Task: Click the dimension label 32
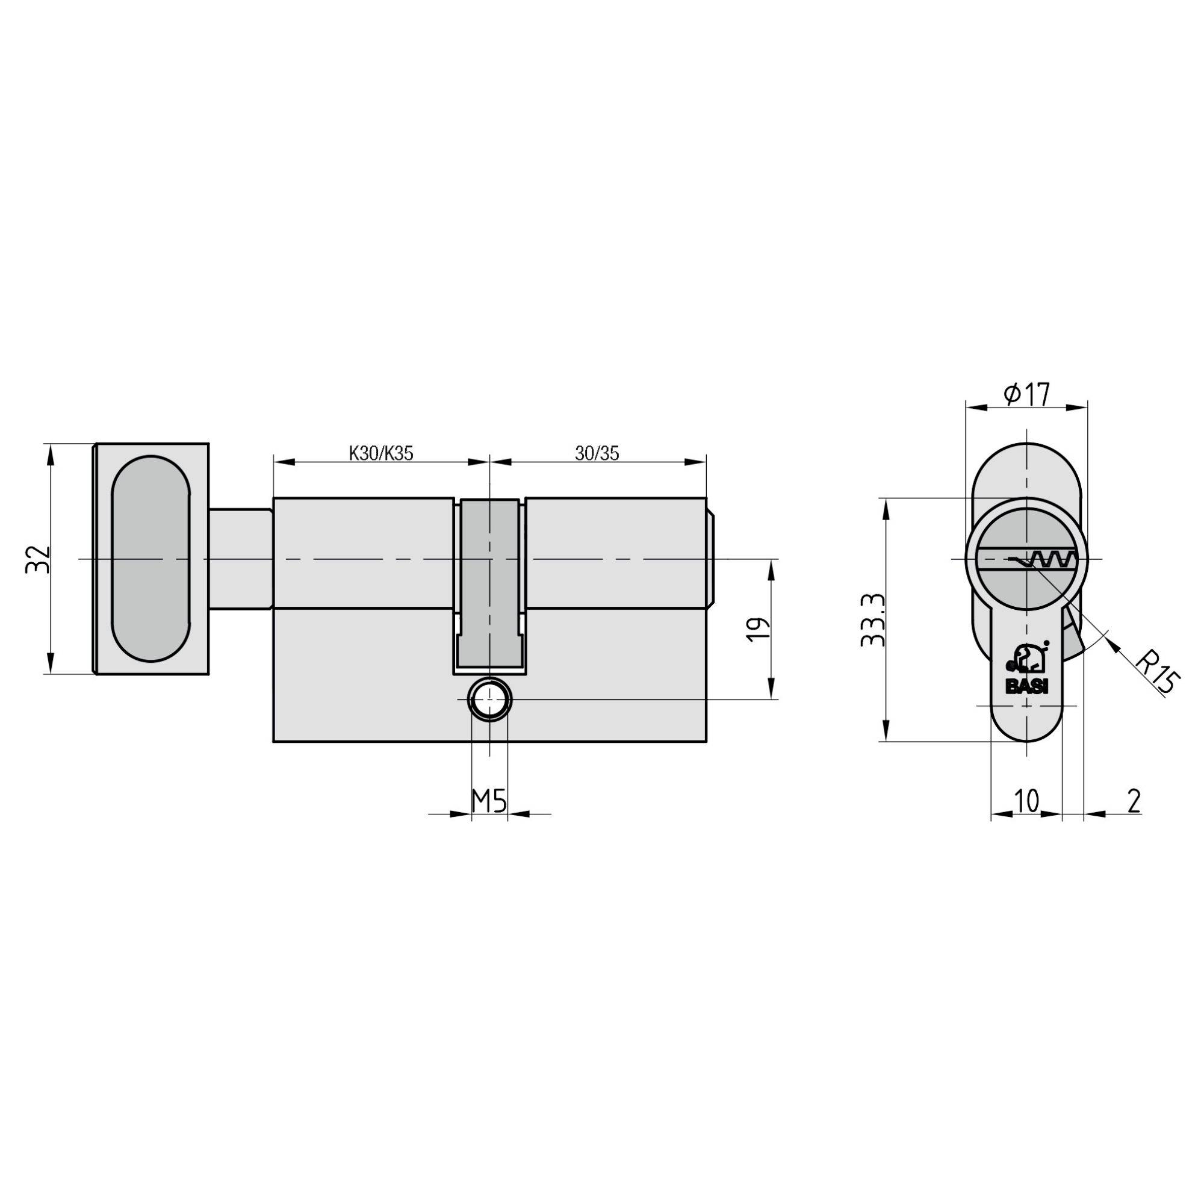pos(36,559)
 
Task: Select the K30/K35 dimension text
pos(381,453)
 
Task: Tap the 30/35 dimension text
pos(597,453)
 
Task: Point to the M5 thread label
pos(489,801)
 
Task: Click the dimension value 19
pos(756,630)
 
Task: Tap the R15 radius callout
pos(1153,673)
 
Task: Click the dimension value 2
pos(1134,801)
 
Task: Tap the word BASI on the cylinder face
pos(1028,687)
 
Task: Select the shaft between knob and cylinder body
pos(241,559)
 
